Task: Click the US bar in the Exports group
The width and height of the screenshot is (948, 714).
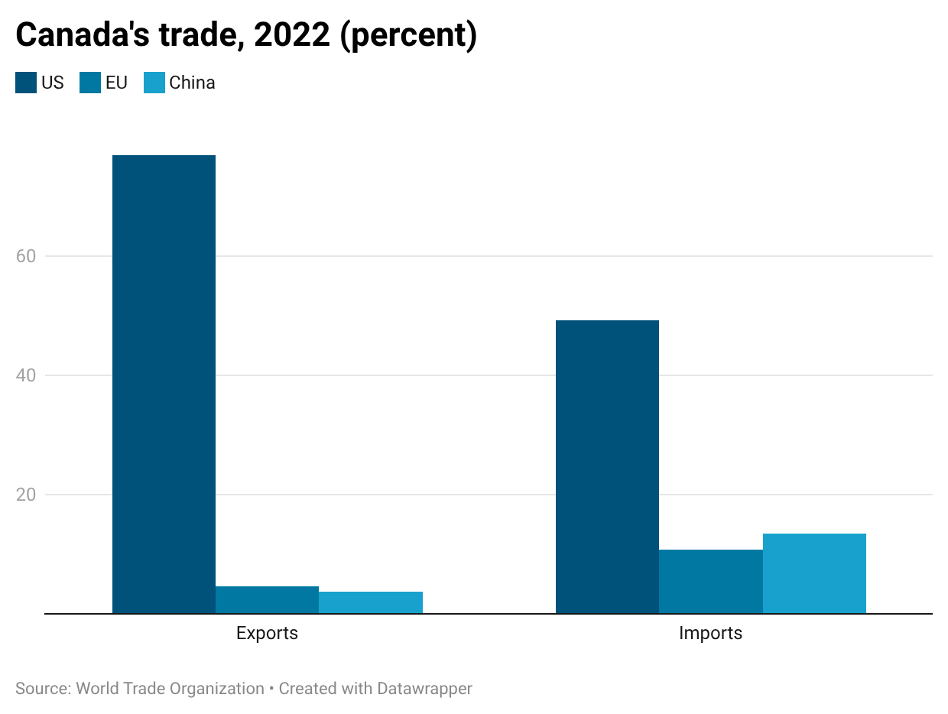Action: pyautogui.click(x=164, y=384)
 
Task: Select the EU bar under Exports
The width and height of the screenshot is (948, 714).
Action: pyautogui.click(x=267, y=599)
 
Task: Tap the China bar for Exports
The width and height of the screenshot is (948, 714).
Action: pyautogui.click(x=371, y=602)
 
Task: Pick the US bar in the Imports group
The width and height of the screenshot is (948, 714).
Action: pyautogui.click(x=607, y=466)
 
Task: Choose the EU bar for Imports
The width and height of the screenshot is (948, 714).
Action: pyautogui.click(x=711, y=581)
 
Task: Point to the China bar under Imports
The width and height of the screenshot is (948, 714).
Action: pyautogui.click(x=814, y=573)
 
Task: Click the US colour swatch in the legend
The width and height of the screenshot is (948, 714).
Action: pyautogui.click(x=26, y=83)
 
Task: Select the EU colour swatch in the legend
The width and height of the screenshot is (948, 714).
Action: pyautogui.click(x=90, y=83)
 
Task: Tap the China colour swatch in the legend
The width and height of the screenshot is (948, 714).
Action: pyautogui.click(x=154, y=83)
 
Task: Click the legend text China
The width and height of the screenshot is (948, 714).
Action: pyautogui.click(x=192, y=83)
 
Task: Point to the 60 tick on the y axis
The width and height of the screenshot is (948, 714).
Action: pyautogui.click(x=26, y=256)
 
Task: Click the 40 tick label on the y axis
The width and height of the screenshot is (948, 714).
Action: pyautogui.click(x=26, y=375)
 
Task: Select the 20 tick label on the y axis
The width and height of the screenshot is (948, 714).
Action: pyautogui.click(x=26, y=495)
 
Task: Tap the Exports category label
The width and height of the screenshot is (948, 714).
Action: pyautogui.click(x=267, y=633)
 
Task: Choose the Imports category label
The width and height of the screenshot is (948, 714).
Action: pyautogui.click(x=710, y=633)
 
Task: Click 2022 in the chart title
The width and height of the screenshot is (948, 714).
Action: pyautogui.click(x=292, y=34)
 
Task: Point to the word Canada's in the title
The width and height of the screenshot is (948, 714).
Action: pyautogui.click(x=83, y=34)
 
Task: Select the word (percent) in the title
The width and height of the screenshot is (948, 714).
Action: pyautogui.click(x=408, y=35)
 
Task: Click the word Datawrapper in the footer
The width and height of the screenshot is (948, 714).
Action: pyautogui.click(x=424, y=688)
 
